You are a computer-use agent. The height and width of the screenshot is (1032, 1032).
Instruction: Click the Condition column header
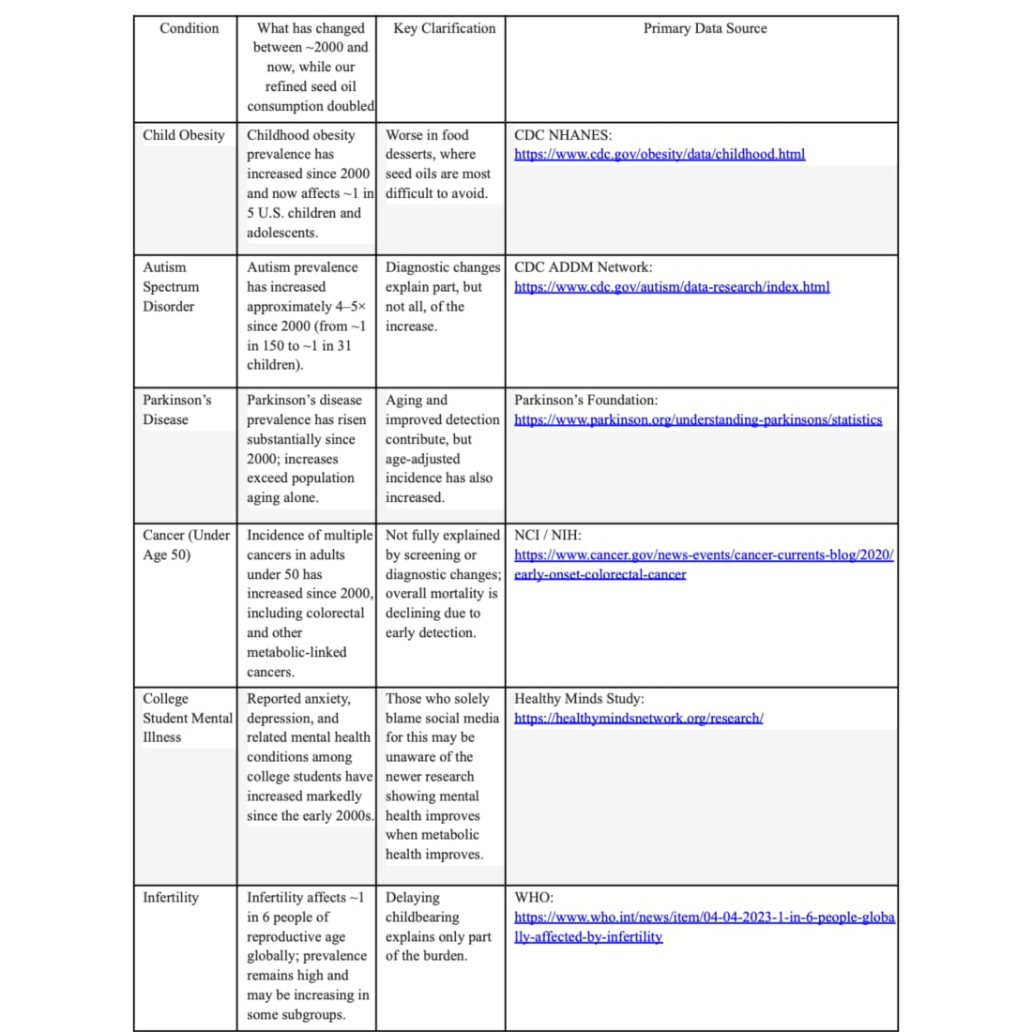point(189,28)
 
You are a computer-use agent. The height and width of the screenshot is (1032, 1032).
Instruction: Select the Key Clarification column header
point(445,28)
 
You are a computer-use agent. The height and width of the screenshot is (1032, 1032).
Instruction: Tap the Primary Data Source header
point(705,28)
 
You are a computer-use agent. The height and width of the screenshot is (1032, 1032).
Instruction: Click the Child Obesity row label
point(184,135)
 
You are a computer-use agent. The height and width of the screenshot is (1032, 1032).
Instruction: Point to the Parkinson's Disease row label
point(177,410)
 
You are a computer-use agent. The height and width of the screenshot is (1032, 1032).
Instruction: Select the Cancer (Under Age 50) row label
point(186,545)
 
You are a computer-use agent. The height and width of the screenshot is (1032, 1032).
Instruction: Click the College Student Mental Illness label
point(187,718)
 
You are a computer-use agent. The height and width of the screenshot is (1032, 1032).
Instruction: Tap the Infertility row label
point(171,898)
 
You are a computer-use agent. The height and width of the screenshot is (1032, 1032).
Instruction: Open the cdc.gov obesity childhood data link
point(660,155)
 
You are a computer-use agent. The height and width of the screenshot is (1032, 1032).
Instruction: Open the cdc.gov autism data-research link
point(672,287)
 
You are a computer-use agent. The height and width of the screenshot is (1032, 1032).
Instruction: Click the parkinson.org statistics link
point(698,420)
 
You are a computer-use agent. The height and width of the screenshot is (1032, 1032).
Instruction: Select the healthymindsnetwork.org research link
point(639,719)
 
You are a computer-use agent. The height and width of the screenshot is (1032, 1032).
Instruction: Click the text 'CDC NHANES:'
point(563,135)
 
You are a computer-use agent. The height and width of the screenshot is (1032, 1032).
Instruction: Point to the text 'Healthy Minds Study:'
point(579,699)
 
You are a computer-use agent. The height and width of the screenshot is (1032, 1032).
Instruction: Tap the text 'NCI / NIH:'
point(548,536)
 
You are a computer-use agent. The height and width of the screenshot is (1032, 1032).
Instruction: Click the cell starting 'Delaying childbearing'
point(438,927)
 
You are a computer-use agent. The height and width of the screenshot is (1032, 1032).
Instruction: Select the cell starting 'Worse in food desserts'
point(437,164)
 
